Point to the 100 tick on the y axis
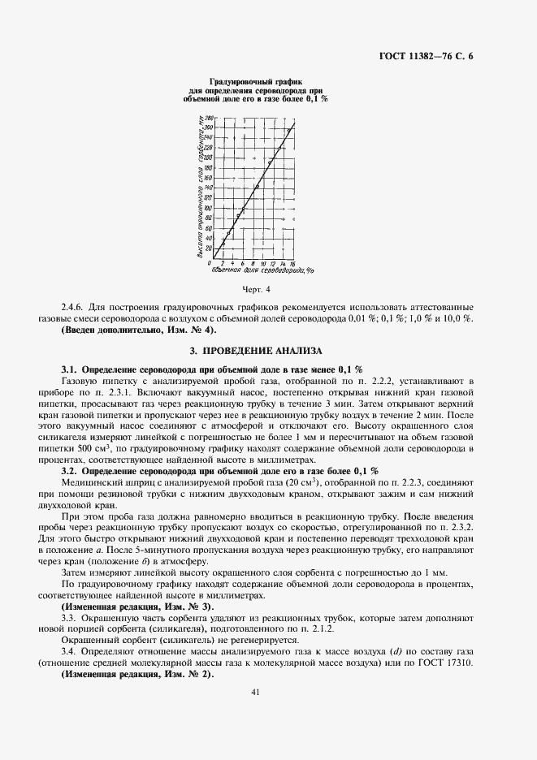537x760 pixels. point(208,208)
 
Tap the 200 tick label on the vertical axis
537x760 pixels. point(208,158)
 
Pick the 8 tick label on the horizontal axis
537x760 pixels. point(252,263)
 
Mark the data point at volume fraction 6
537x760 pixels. point(242,208)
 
